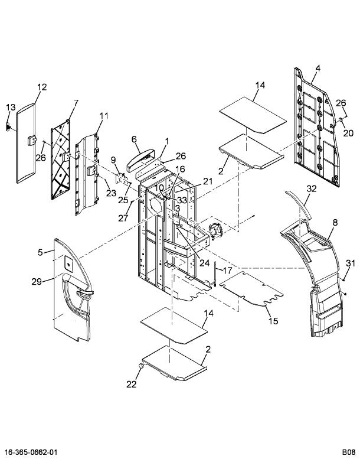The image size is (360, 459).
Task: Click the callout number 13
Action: point(11,107)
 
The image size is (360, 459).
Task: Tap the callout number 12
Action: point(42,87)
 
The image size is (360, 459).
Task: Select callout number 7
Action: point(76,103)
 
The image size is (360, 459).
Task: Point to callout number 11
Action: point(104,116)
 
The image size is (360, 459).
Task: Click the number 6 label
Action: point(134,139)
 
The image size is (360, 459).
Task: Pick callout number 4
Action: point(318,68)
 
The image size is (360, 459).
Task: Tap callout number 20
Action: point(348,133)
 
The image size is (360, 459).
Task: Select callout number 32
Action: point(312,189)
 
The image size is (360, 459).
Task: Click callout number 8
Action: point(335,223)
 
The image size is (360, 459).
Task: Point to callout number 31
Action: point(351,263)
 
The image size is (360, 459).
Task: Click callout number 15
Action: point(273,321)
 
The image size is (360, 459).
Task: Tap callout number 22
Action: point(131,384)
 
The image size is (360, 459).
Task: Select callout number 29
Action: point(37,282)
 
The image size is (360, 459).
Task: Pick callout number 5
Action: point(40,252)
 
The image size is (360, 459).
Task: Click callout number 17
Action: point(227,270)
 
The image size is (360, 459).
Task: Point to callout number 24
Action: point(204,263)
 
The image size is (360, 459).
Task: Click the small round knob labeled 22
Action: point(141,366)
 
